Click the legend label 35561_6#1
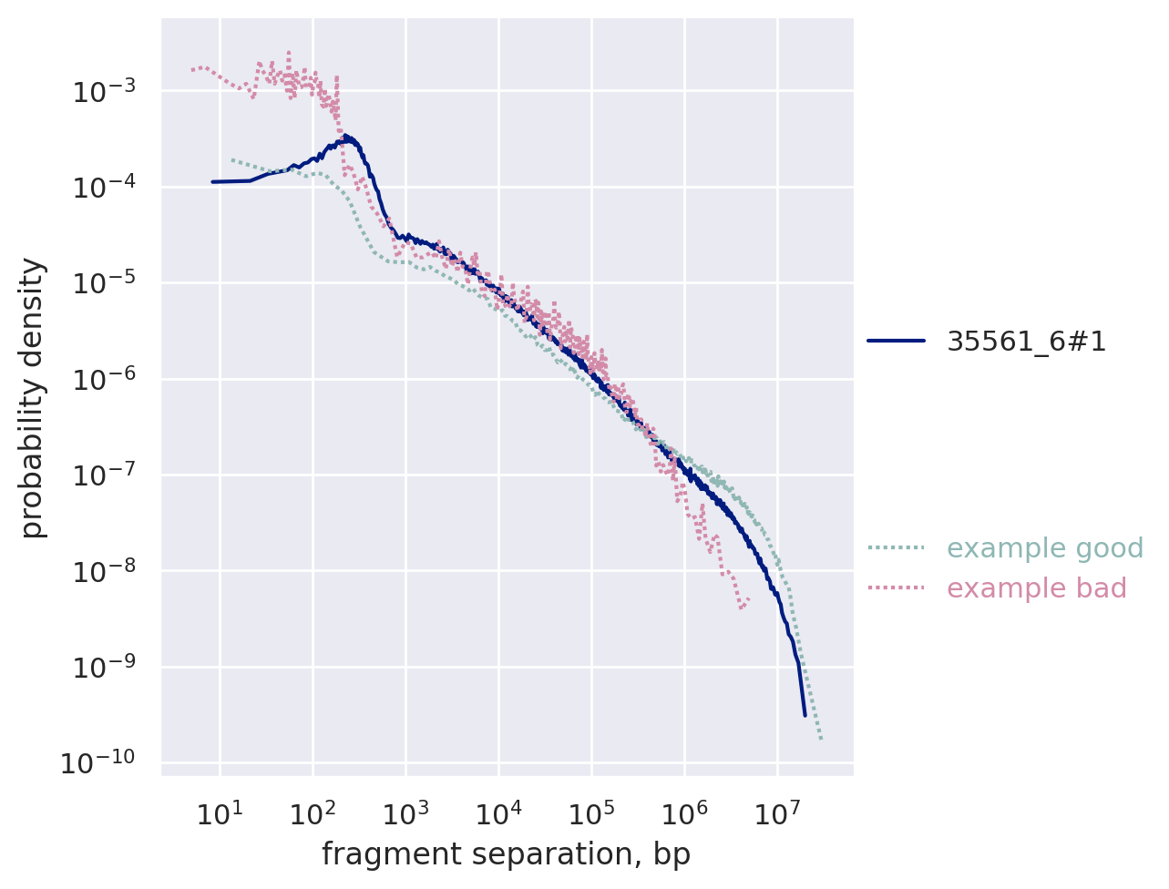coord(1026,342)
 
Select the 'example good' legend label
coord(1045,548)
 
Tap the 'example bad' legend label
coord(1037,588)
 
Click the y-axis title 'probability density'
coord(34,397)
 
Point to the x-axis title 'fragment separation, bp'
coord(506,854)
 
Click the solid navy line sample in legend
coord(896,342)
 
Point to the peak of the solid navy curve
coord(346,137)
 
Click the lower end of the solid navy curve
coord(805,715)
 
